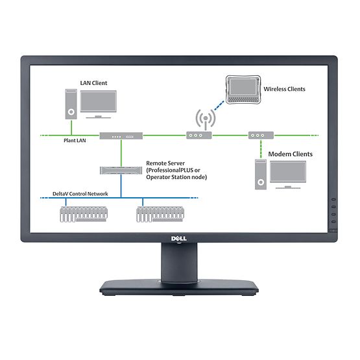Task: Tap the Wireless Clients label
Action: coord(284,89)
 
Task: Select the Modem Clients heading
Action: coord(290,154)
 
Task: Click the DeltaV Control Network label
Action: coord(80,194)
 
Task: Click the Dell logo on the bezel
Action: coord(179,239)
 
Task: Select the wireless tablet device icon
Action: coord(242,88)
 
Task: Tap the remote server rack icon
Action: coord(121,171)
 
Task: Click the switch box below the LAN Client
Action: coord(121,136)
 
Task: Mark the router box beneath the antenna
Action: coord(199,136)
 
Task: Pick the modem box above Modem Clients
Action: coord(260,136)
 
